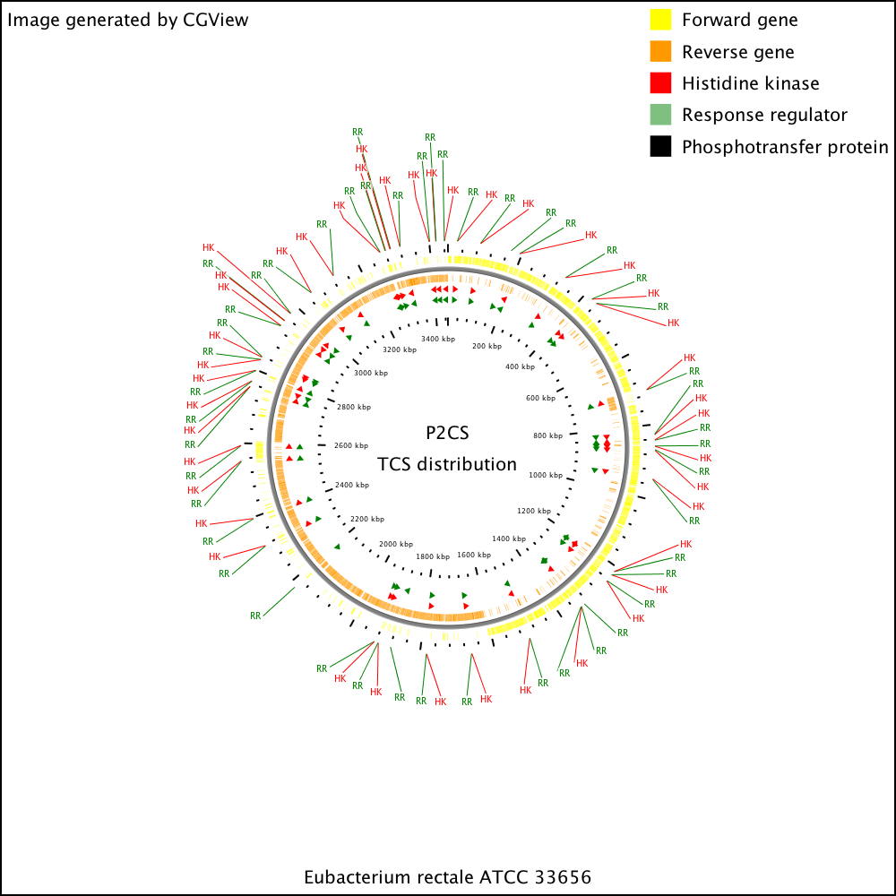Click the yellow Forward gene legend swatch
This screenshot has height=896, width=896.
point(660,20)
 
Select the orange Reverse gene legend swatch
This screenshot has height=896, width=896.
point(660,51)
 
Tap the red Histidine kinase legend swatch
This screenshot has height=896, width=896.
point(660,82)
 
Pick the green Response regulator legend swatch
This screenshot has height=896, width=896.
point(660,115)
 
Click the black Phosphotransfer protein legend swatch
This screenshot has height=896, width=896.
point(660,146)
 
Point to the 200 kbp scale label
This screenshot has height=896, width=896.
point(487,346)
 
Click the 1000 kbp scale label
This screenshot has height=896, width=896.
point(546,475)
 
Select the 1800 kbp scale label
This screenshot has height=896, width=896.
point(433,556)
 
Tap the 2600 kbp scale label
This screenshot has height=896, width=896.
point(351,445)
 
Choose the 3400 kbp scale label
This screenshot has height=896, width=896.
point(438,339)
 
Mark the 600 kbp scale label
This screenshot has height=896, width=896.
point(540,398)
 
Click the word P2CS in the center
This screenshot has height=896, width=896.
point(447,433)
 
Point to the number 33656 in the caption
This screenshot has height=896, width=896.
point(564,877)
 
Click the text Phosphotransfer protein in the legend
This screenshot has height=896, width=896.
point(785,147)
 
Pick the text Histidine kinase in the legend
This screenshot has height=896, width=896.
point(751,83)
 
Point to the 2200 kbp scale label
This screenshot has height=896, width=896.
point(367,519)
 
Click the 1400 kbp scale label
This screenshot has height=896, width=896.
point(509,538)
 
